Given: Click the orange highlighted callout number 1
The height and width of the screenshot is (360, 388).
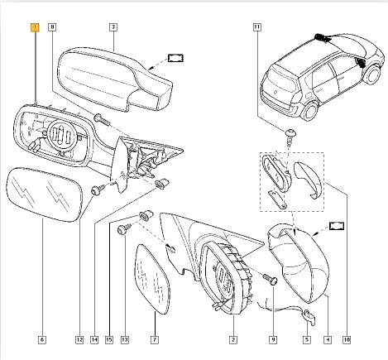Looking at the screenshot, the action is [36, 27].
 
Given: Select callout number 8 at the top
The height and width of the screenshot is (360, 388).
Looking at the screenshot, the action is [52, 27].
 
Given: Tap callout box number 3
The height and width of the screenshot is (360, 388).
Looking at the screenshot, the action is [113, 27].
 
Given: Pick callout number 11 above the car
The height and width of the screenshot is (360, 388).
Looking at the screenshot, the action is [256, 27].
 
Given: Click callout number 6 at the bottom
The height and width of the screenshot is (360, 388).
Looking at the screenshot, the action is [42, 340].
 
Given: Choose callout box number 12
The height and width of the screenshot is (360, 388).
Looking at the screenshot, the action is [79, 340].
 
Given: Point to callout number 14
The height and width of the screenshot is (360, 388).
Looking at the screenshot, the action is [94, 340].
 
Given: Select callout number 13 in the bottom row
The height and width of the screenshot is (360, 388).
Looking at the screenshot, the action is [125, 340].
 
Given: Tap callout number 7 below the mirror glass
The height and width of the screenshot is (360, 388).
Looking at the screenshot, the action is [155, 340].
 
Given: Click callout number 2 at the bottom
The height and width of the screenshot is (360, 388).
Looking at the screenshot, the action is [233, 340].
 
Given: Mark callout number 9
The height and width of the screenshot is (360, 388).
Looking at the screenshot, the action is [273, 340].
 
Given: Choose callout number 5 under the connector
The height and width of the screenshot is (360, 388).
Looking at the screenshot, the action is [307, 340].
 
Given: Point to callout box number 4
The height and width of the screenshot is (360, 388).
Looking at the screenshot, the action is [328, 340].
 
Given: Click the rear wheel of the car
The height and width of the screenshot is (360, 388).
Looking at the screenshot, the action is [310, 112].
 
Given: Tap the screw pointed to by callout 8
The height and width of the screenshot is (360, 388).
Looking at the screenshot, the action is [101, 119].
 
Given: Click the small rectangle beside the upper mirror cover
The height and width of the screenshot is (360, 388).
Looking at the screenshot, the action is [175, 58].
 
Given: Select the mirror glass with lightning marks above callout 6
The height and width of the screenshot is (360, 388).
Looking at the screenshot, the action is [44, 194].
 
